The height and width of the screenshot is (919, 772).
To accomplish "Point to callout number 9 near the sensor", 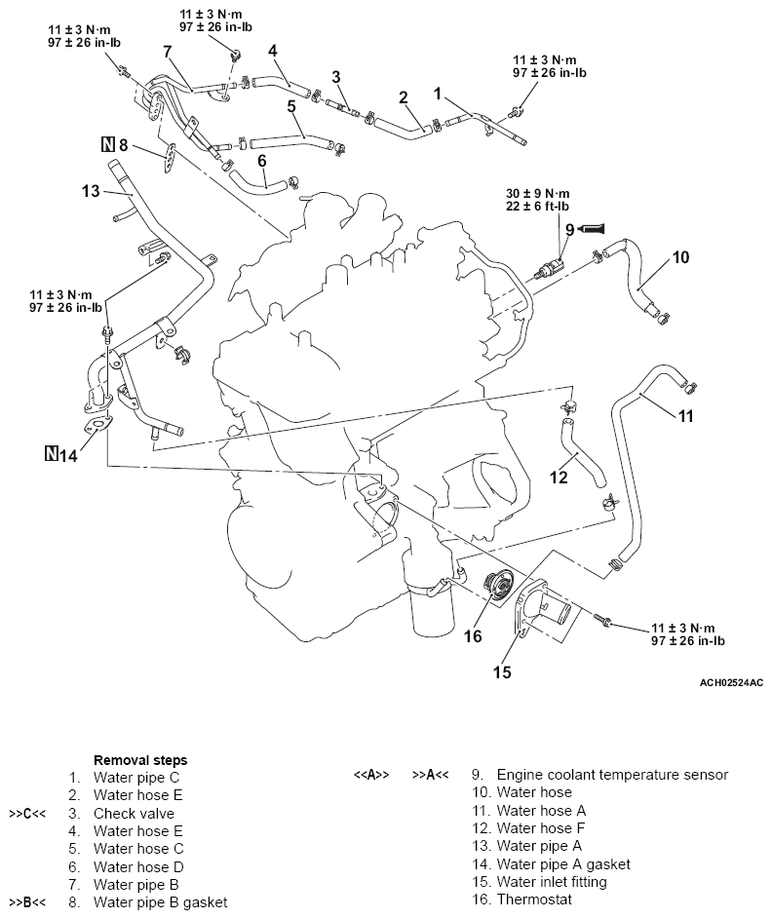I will [570, 229].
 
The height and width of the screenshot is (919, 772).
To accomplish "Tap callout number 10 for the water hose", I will [681, 257].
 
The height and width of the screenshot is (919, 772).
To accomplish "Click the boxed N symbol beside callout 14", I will [51, 454].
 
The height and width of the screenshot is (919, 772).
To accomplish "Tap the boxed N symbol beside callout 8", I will [107, 147].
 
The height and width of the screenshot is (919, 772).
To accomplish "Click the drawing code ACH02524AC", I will [731, 685].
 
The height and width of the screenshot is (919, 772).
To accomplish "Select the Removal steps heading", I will [140, 759].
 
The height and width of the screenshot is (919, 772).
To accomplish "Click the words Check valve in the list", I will [134, 813].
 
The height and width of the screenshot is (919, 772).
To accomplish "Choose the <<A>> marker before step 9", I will [371, 776].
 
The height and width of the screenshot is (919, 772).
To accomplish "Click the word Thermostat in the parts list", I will [534, 900].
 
